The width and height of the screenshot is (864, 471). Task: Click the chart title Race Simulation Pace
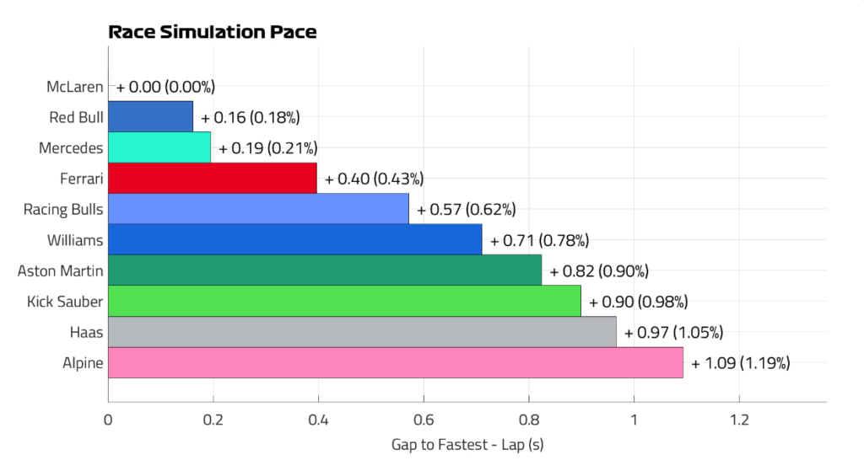(x=213, y=33)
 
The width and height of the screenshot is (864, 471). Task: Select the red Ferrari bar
(x=213, y=178)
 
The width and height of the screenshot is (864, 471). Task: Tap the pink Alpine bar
(x=396, y=363)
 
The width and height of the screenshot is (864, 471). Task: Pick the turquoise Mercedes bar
(x=159, y=147)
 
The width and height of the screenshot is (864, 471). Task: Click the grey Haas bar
(x=362, y=332)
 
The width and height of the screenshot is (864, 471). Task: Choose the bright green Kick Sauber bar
(x=344, y=301)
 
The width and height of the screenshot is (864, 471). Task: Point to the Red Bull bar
(x=151, y=116)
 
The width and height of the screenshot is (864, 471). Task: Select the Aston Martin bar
(x=325, y=270)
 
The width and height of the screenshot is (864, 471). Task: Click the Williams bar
(x=295, y=239)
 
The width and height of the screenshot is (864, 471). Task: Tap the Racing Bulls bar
(x=258, y=209)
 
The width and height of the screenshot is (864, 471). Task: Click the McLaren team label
(x=76, y=86)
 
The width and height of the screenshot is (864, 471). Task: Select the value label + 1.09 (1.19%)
(x=741, y=364)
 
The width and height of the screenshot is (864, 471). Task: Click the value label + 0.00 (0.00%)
(x=166, y=87)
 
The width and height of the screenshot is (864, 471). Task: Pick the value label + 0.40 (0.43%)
(x=374, y=179)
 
